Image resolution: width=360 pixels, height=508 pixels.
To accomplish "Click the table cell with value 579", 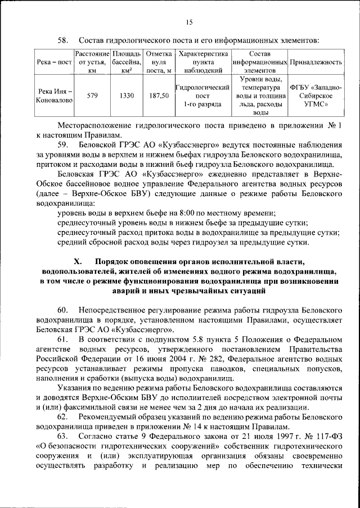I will (92, 96).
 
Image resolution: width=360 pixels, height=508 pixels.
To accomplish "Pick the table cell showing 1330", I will (127, 96).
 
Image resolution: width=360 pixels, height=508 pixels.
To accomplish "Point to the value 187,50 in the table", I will (159, 96).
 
